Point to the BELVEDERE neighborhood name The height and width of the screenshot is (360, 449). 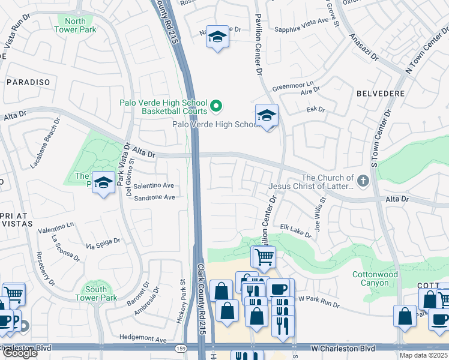click(378, 94)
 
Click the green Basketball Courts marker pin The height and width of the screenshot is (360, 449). click(217, 107)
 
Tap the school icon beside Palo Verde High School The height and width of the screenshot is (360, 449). click(266, 116)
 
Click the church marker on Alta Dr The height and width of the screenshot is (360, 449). click(363, 181)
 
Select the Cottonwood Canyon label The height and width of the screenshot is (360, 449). click(375, 278)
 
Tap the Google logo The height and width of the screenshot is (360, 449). click(19, 353)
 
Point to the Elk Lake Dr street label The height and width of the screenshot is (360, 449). click(296, 231)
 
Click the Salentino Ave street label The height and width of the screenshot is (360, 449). click(154, 186)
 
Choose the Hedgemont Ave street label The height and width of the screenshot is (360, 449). click(143, 339)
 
